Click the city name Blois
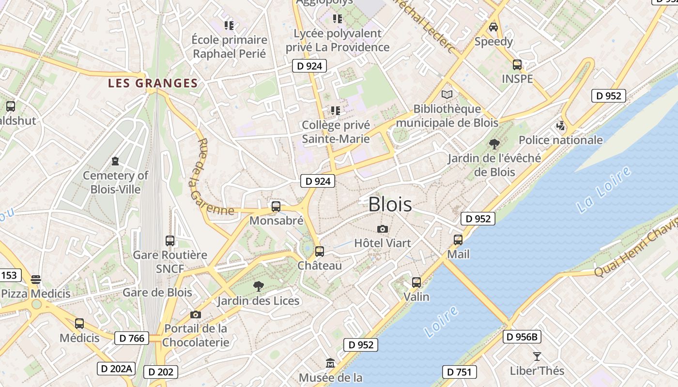pos(390,205)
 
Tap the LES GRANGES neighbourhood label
pos(153,83)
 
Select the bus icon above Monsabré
pos(276,207)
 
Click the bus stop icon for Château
pos(320,252)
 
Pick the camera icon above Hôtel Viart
pos(383,229)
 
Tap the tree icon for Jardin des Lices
pos(259,286)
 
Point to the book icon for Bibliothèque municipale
pos(447,94)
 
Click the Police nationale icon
pos(561,126)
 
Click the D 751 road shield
pos(460,372)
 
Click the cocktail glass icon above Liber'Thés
pos(537,357)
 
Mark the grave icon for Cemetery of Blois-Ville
pos(115,161)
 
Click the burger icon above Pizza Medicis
pos(36,279)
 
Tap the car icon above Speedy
pos(493,27)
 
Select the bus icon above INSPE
pos(517,64)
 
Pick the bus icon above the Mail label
pos(458,239)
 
